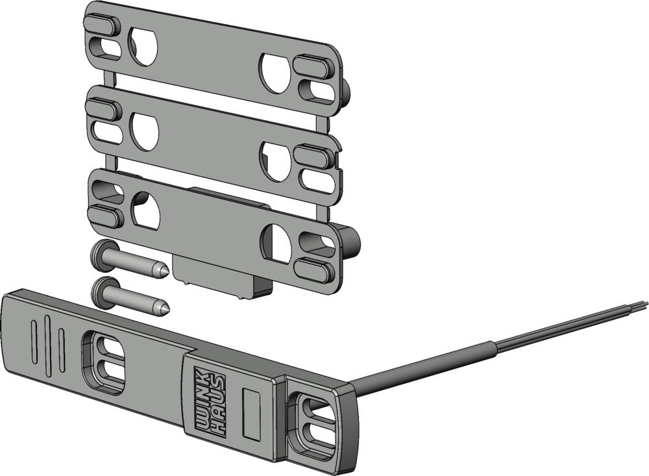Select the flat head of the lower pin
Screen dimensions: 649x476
coord(101,292)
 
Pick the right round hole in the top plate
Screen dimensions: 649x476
coord(275,73)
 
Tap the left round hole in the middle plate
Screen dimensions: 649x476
coord(145,131)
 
